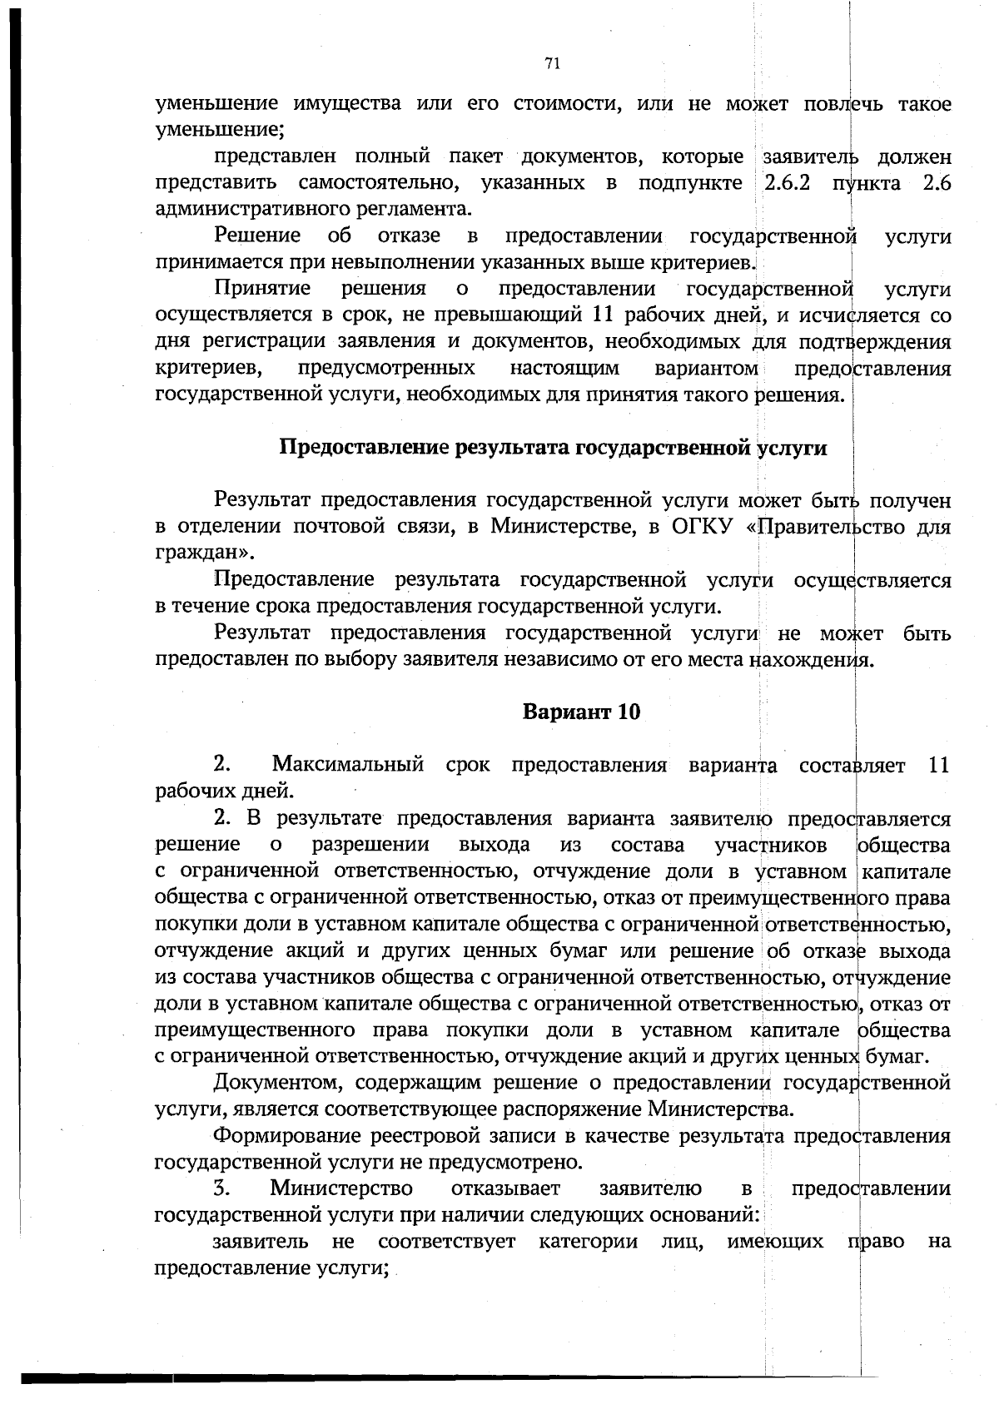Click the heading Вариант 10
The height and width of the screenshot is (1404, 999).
point(581,712)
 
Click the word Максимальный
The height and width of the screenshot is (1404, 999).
point(347,765)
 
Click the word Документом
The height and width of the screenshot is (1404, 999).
point(274,1083)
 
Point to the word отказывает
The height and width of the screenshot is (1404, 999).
point(505,1188)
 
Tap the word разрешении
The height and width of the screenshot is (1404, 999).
point(370,845)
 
